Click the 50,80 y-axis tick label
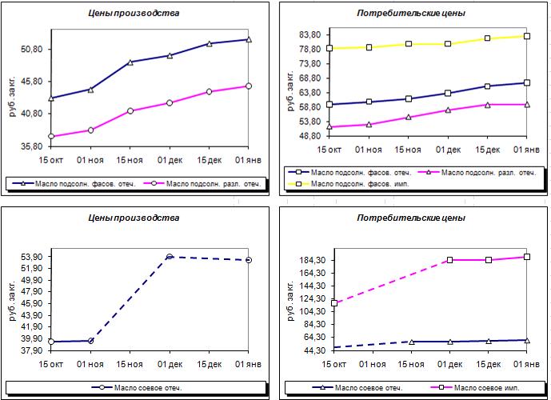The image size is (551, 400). pos(32,50)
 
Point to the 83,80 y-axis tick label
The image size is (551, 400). pos(310,34)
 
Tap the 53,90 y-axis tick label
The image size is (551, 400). pos(32,257)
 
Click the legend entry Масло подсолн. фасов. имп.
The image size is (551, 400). pos(349,184)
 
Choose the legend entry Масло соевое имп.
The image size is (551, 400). pos(475,388)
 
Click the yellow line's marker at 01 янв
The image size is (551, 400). pos(527,36)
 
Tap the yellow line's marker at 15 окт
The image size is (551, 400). pos(329,48)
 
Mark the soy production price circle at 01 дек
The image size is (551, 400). pos(170,257)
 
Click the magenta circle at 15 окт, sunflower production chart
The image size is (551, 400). pos(51,136)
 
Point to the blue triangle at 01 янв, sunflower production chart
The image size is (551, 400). pos(249,40)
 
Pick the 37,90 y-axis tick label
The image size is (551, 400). pos(32,350)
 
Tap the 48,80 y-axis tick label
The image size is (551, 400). pos(310,136)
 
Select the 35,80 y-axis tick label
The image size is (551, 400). pos(32,146)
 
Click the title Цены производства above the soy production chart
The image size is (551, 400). pos(134,218)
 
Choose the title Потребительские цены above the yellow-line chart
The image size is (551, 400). pos(411,14)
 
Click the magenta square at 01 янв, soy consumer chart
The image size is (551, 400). pos(527,257)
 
